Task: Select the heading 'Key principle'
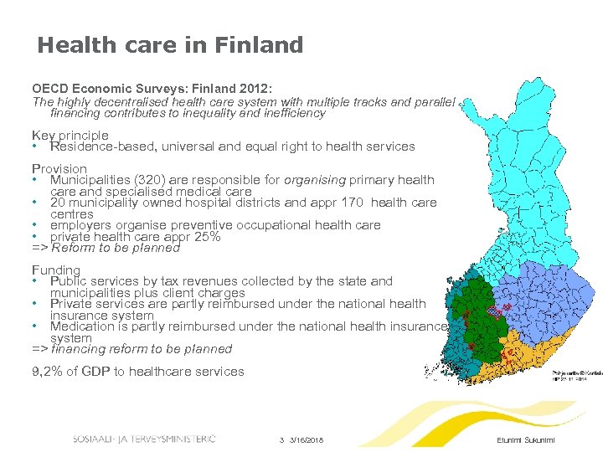(x=70, y=135)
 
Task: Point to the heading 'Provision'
(x=59, y=168)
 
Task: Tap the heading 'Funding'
(x=56, y=270)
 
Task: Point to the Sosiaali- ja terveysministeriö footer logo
(x=143, y=439)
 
